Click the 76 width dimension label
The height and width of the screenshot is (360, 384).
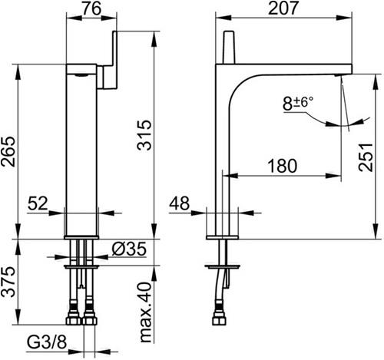coord(91,8)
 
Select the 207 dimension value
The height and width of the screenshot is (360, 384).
coord(283,8)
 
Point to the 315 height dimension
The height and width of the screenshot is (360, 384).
coord(144,135)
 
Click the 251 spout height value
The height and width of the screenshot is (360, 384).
coord(366,157)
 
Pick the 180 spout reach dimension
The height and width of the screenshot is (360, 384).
coord(282,166)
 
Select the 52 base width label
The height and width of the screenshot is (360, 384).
coord(38,203)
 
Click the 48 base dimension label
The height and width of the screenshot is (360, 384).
coord(180,203)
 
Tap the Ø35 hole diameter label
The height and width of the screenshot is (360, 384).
coord(129,249)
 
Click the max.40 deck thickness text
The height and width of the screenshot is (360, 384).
coord(146,312)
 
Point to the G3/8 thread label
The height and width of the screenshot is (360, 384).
coord(47,342)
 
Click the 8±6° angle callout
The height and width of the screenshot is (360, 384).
coord(298,104)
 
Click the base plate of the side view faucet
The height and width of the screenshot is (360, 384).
coord(222,237)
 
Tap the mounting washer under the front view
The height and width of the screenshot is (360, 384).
coord(81,267)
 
